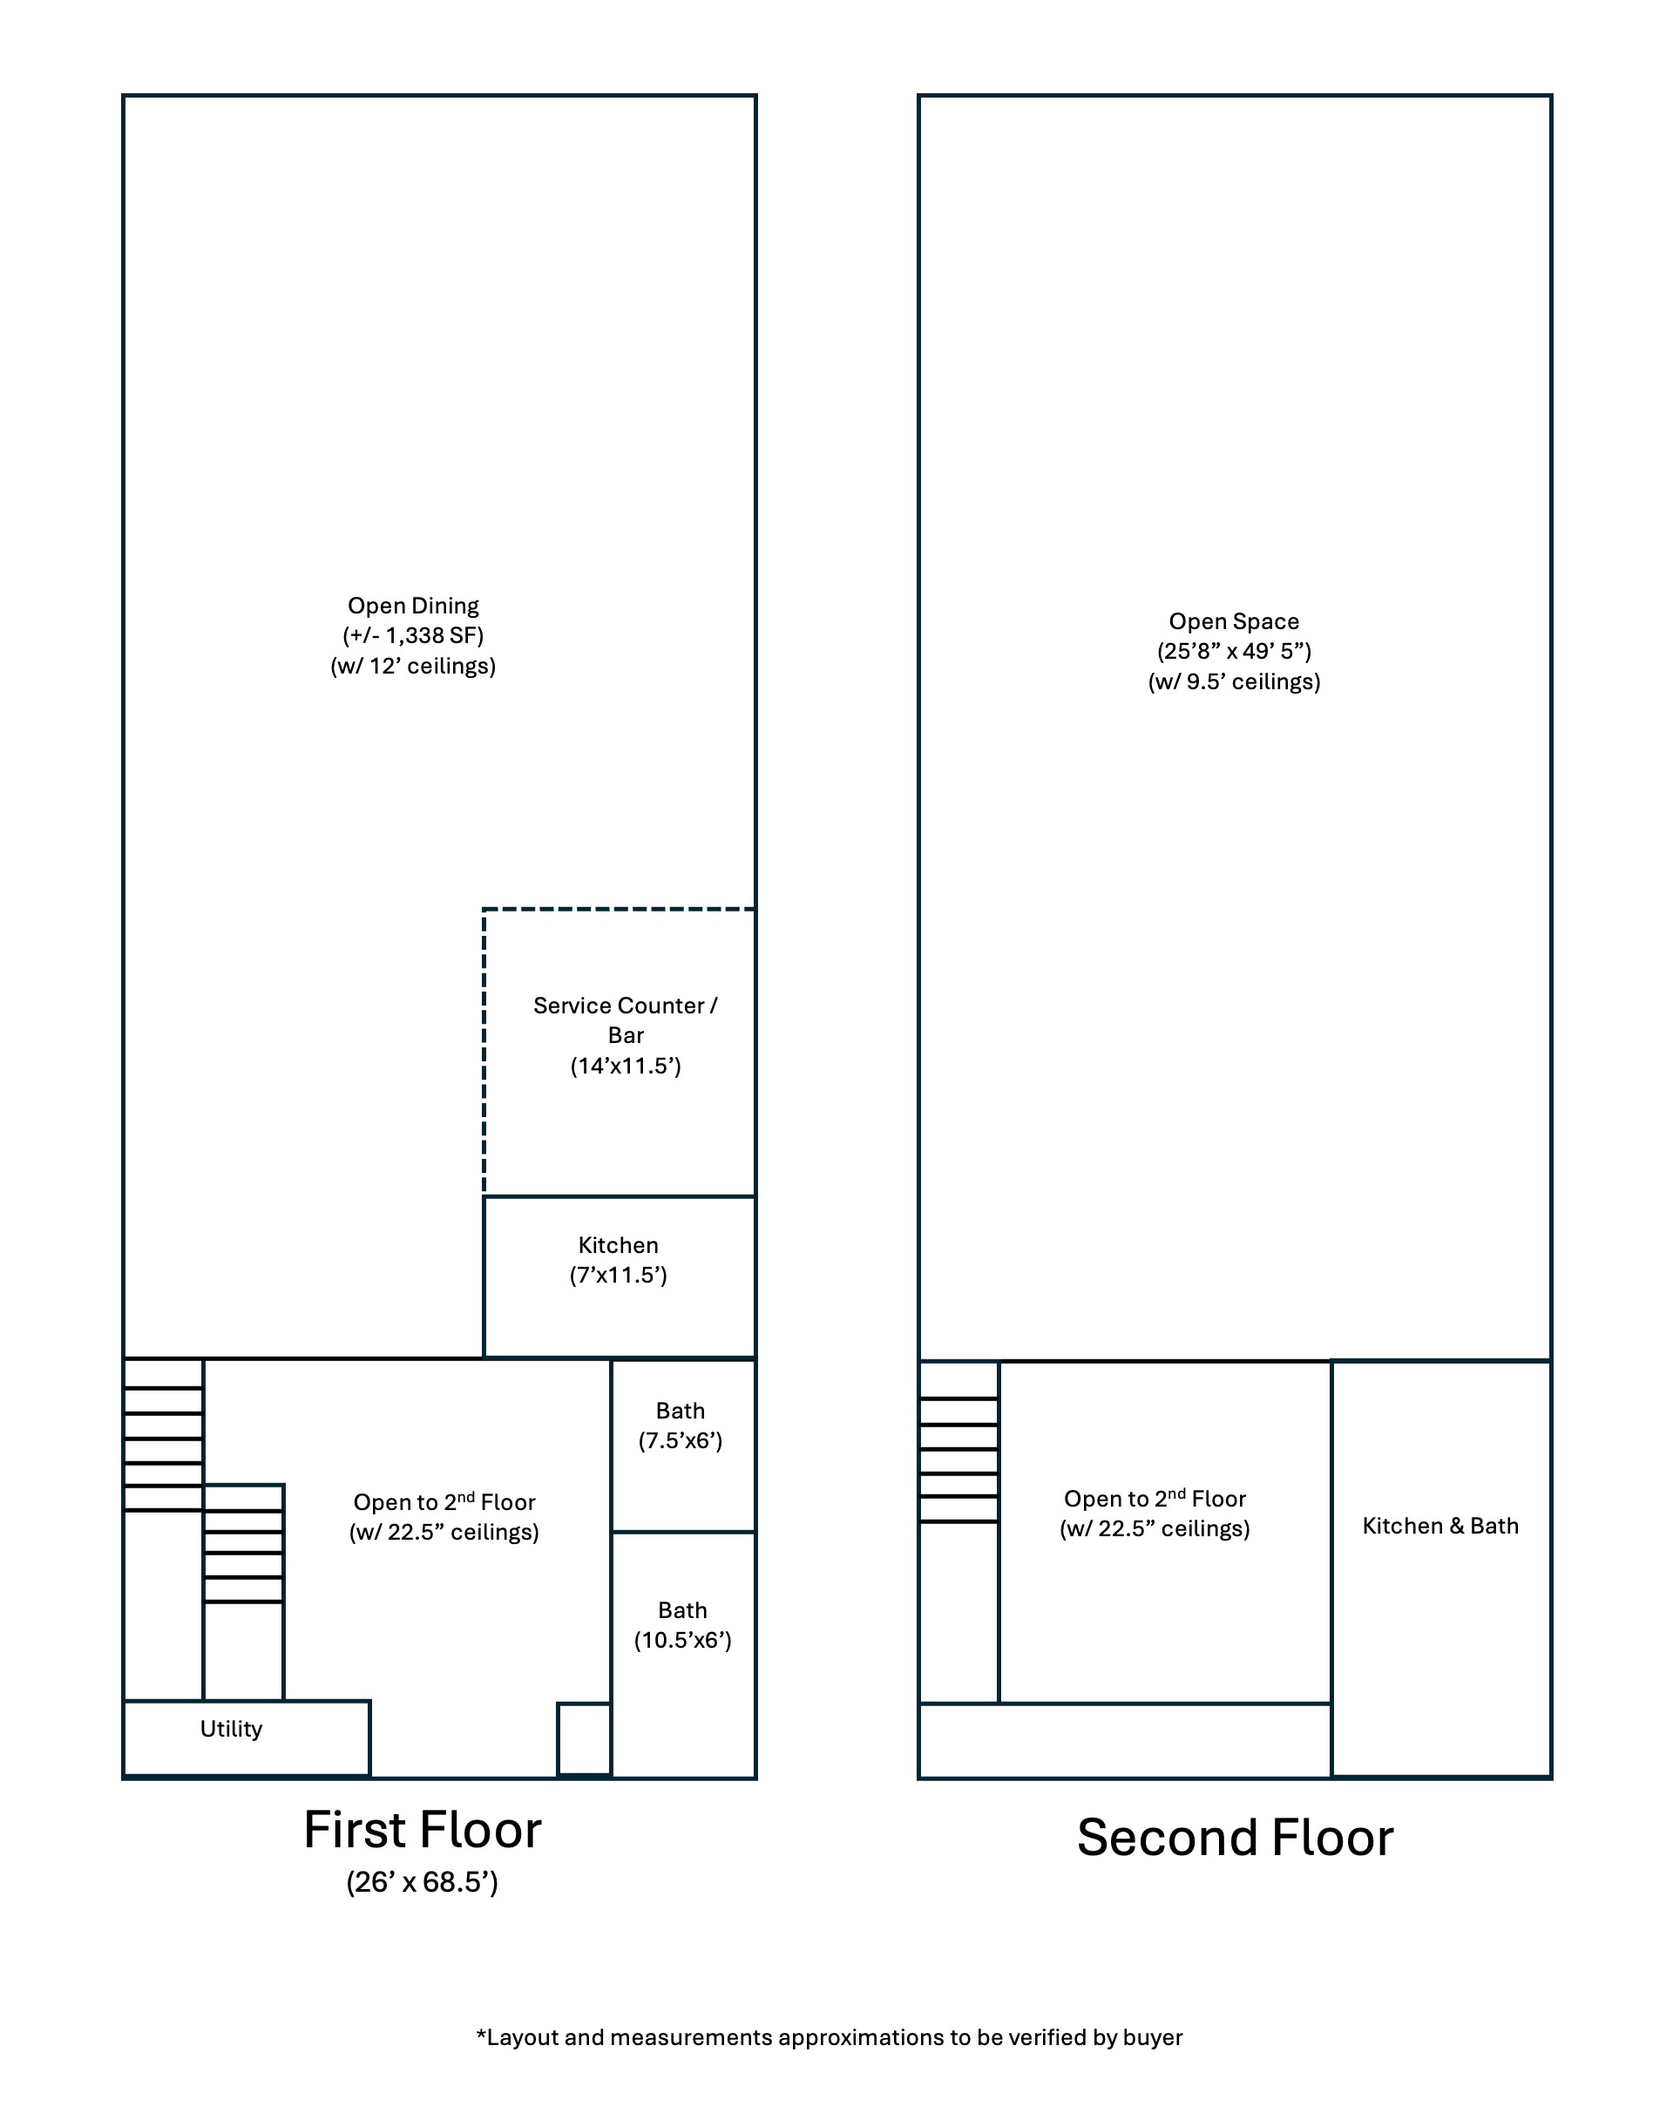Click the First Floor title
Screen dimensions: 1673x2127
[x=422, y=1830]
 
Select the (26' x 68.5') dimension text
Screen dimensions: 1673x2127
[x=422, y=1882]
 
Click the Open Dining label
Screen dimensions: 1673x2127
[x=413, y=606]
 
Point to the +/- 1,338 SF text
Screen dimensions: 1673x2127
[x=413, y=635]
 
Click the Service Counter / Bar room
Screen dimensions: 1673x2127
[x=619, y=1053]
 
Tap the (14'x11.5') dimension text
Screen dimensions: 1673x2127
[x=626, y=1066]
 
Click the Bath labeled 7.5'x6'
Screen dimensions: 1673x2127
[x=684, y=1446]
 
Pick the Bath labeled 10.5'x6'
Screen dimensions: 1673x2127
[x=684, y=1654]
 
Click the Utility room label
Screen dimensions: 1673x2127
[x=231, y=1729]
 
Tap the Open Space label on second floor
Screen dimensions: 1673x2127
[x=1234, y=621]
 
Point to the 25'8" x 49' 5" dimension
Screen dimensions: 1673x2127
[x=1234, y=651]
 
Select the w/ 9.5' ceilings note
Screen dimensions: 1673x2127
[x=1234, y=681]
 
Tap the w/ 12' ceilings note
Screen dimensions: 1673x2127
[x=413, y=666]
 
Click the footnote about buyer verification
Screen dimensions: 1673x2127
[x=830, y=2038]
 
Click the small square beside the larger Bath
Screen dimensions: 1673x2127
[x=585, y=1739]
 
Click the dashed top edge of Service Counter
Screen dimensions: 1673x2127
[x=619, y=910]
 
